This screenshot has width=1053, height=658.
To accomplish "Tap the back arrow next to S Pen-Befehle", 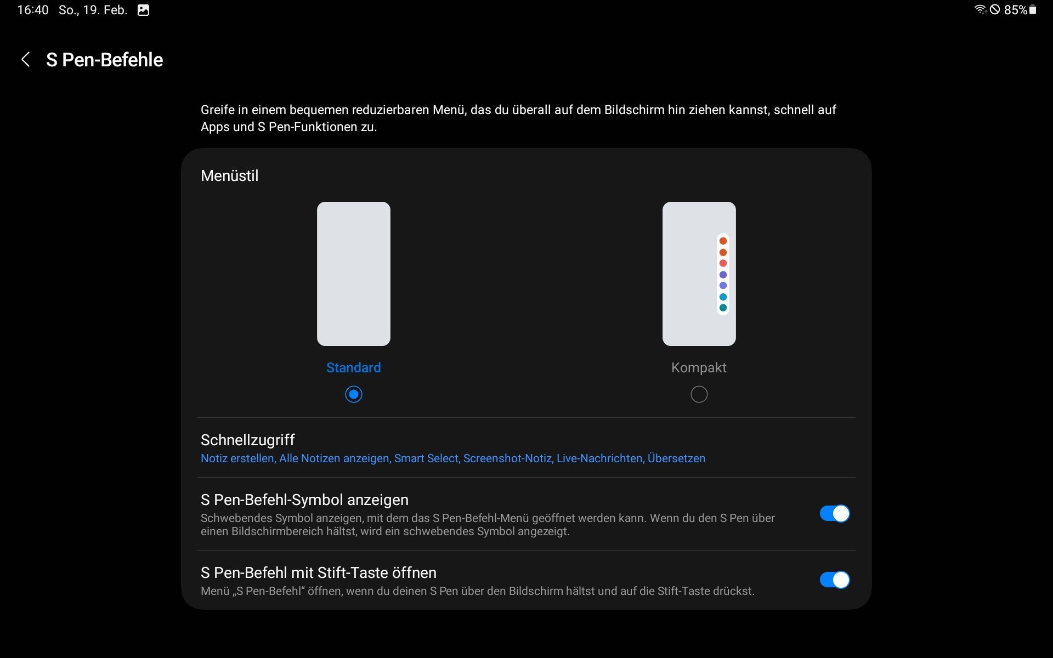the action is click(25, 59).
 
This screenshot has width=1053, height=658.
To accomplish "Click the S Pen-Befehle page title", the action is click(104, 60).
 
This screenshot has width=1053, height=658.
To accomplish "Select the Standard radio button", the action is click(354, 394).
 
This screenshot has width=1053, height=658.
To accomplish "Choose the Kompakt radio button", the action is click(699, 394).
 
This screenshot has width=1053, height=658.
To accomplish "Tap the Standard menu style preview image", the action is click(354, 274).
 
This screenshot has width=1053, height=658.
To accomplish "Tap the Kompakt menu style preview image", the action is click(699, 274).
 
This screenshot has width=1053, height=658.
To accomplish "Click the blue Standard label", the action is click(354, 367).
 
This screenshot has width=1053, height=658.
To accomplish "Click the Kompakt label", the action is click(699, 367).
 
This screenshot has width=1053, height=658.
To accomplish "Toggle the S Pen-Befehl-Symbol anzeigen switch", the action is click(835, 514).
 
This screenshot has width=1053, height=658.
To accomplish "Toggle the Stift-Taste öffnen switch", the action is click(835, 580).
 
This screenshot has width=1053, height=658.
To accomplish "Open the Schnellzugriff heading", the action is click(248, 440).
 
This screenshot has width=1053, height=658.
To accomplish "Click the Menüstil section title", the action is click(229, 175).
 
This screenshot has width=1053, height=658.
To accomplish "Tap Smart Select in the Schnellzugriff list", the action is click(426, 458).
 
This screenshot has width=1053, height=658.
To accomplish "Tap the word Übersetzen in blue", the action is click(676, 458).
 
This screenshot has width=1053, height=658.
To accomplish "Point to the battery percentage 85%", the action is click(1015, 10).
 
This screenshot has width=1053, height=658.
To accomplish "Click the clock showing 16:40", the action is click(33, 10).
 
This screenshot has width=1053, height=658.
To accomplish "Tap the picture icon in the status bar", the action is click(143, 10).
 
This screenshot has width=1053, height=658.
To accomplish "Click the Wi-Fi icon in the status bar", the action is click(980, 9).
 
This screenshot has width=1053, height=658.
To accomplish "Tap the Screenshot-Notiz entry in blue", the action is click(508, 458).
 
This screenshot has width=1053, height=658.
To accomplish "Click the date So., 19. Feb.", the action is click(93, 10).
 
